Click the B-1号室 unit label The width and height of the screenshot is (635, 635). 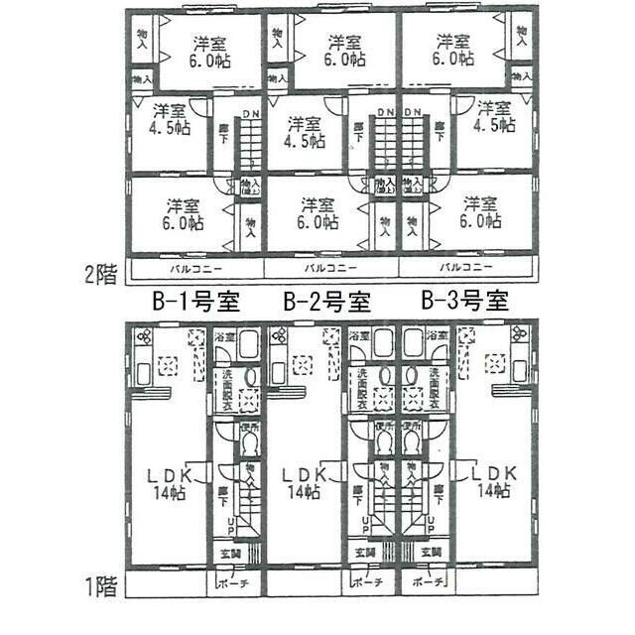[x=195, y=300]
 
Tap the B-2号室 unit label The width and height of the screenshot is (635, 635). [x=327, y=300]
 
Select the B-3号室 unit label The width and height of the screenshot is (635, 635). [x=464, y=300]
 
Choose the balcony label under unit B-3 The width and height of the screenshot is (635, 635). [x=465, y=268]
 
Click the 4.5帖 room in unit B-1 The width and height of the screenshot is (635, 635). [x=170, y=119]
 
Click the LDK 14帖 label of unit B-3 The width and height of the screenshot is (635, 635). [x=492, y=481]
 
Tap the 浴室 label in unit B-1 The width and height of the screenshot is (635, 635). [x=225, y=337]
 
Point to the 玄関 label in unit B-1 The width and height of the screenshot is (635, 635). [x=228, y=552]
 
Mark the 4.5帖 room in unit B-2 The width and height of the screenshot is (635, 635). [x=304, y=132]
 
